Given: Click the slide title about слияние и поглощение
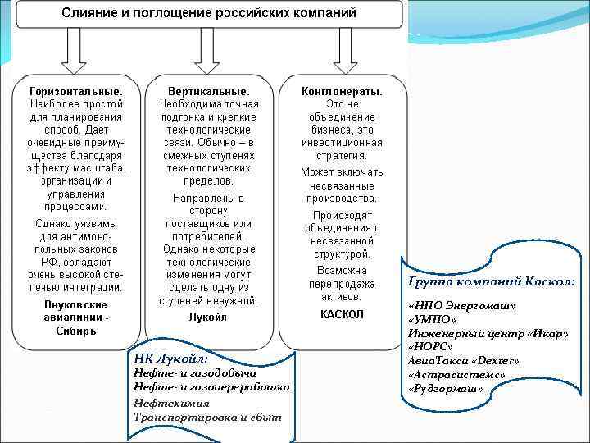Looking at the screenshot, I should tap(210, 16).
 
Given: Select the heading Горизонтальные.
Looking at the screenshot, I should tap(76, 90).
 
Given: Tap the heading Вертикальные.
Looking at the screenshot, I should tap(208, 90).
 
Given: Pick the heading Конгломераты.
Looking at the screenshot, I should tap(342, 90).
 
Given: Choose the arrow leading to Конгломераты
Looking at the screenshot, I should tap(343, 57).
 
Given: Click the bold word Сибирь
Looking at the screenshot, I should tap(76, 331).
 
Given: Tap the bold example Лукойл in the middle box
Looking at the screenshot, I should tap(208, 316).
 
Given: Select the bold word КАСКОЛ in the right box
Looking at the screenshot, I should tap(342, 314).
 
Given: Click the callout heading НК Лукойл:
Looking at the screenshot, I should tap(170, 359).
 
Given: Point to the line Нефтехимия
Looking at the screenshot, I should tap(171, 402).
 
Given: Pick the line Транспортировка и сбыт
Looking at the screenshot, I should tap(206, 417).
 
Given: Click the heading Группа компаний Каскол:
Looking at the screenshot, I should tap(491, 281).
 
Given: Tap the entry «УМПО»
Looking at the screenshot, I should tap(434, 319).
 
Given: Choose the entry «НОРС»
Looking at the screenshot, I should tap(433, 346).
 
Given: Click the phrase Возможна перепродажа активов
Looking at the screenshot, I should tap(342, 283).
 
